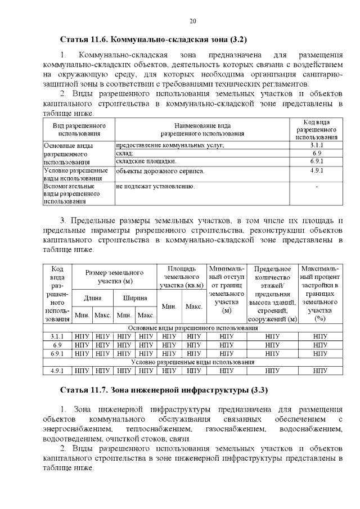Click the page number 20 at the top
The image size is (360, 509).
(x=192, y=21)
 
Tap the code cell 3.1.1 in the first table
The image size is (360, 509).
(x=316, y=145)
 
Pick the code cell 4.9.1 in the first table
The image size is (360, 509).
(x=316, y=170)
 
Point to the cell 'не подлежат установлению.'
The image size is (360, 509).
(x=156, y=186)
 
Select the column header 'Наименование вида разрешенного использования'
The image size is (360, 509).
(x=202, y=130)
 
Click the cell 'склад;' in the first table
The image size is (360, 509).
(x=125, y=153)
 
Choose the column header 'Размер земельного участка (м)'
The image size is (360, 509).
(x=115, y=276)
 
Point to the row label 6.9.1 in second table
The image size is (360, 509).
(x=57, y=354)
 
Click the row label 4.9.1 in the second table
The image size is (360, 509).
(x=57, y=371)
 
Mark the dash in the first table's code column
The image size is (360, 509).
(x=316, y=186)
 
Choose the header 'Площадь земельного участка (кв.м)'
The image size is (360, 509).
(x=182, y=276)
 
